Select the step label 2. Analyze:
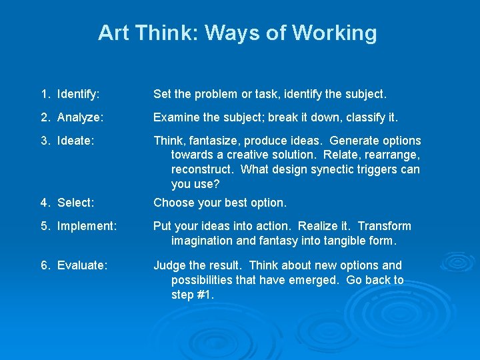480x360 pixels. (72, 117)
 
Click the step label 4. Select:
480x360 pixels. (67, 203)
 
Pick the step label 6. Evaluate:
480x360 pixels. (74, 265)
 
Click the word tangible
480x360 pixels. (346, 241)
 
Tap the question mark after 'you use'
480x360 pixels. (216, 184)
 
